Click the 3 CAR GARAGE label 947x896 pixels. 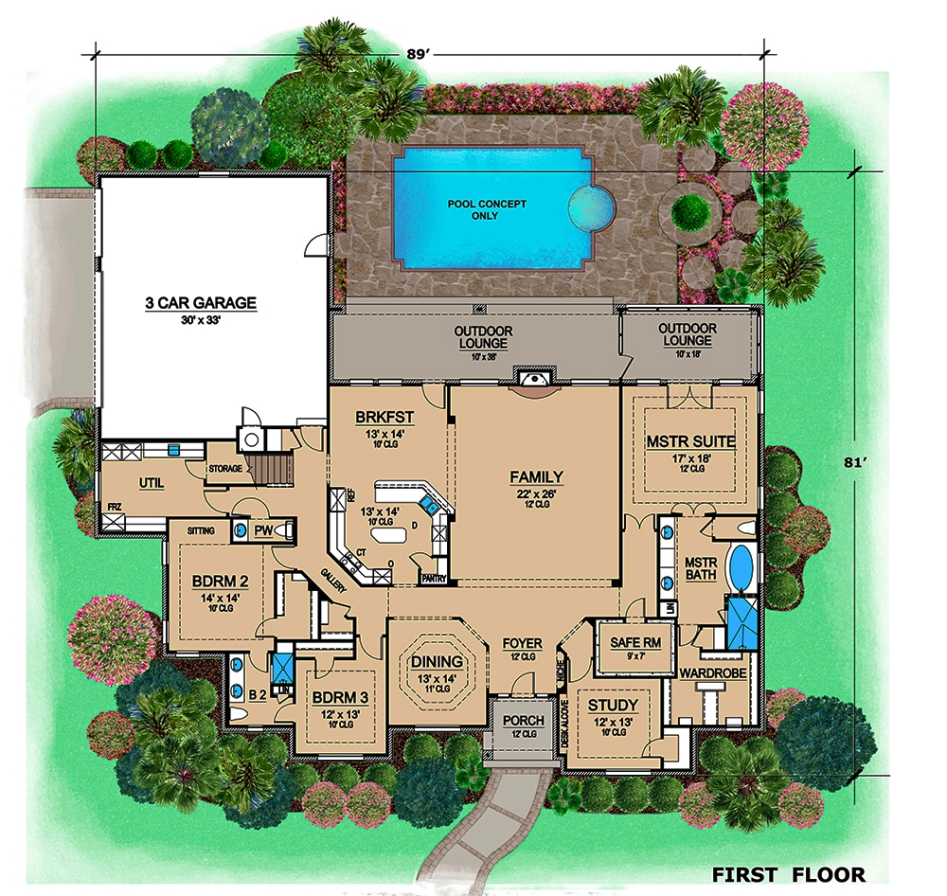pyautogui.click(x=201, y=303)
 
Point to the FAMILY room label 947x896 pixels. pyautogui.click(x=536, y=477)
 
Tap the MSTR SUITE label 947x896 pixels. pyautogui.click(x=690, y=441)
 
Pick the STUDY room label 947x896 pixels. pyautogui.click(x=613, y=706)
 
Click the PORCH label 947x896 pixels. pyautogui.click(x=523, y=721)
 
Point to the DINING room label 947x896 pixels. pyautogui.click(x=437, y=661)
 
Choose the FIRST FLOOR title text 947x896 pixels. pyautogui.click(x=788, y=873)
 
